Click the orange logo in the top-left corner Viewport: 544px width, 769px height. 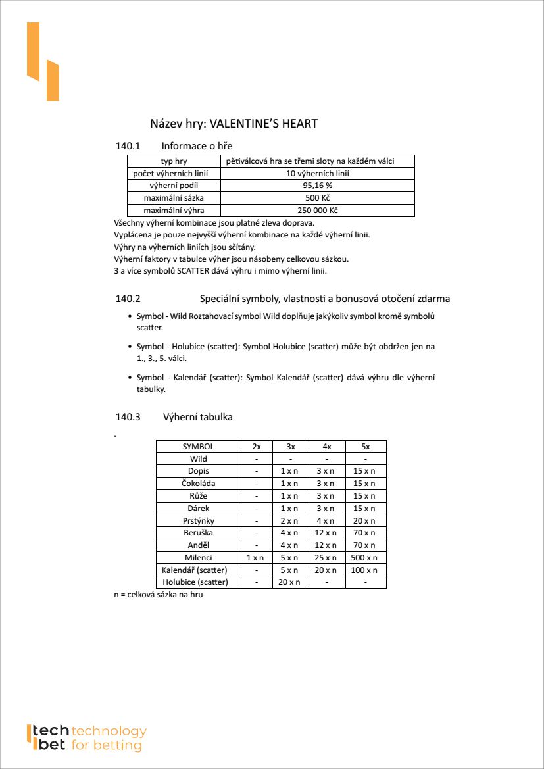43,62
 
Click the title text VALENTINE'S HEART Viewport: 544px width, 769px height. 263,124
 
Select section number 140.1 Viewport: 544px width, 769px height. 128,146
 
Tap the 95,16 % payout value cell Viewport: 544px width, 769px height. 318,186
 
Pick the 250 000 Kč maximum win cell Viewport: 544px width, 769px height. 318,211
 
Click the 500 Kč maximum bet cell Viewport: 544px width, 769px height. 318,198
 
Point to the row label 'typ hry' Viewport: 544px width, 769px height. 174,161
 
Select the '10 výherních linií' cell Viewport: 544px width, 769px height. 318,174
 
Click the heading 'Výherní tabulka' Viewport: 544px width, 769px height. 197,417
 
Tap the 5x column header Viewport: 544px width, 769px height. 366,446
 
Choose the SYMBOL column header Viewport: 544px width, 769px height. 198,446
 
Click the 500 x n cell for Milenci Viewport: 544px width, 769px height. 366,558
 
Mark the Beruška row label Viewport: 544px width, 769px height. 198,533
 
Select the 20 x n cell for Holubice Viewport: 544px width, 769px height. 290,582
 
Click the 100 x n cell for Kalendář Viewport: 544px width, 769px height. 366,570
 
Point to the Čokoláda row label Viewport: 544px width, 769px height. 198,484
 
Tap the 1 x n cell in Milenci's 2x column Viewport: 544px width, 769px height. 257,558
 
